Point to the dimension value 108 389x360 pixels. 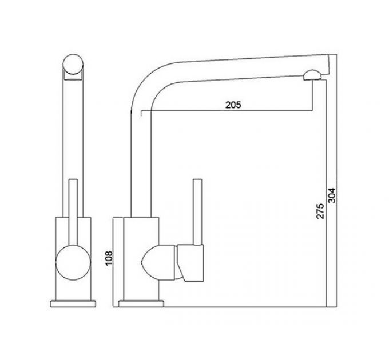[x=109, y=261]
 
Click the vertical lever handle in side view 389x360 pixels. [x=198, y=211]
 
